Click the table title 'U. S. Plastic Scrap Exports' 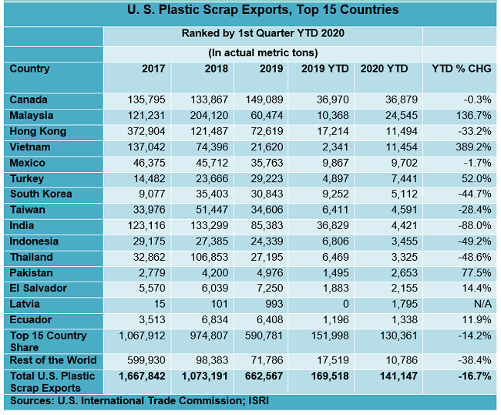click(x=252, y=11)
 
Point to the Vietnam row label click(x=31, y=147)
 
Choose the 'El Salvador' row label click(x=39, y=288)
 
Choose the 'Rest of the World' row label click(x=53, y=360)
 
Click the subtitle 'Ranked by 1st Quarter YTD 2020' click(x=263, y=34)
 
